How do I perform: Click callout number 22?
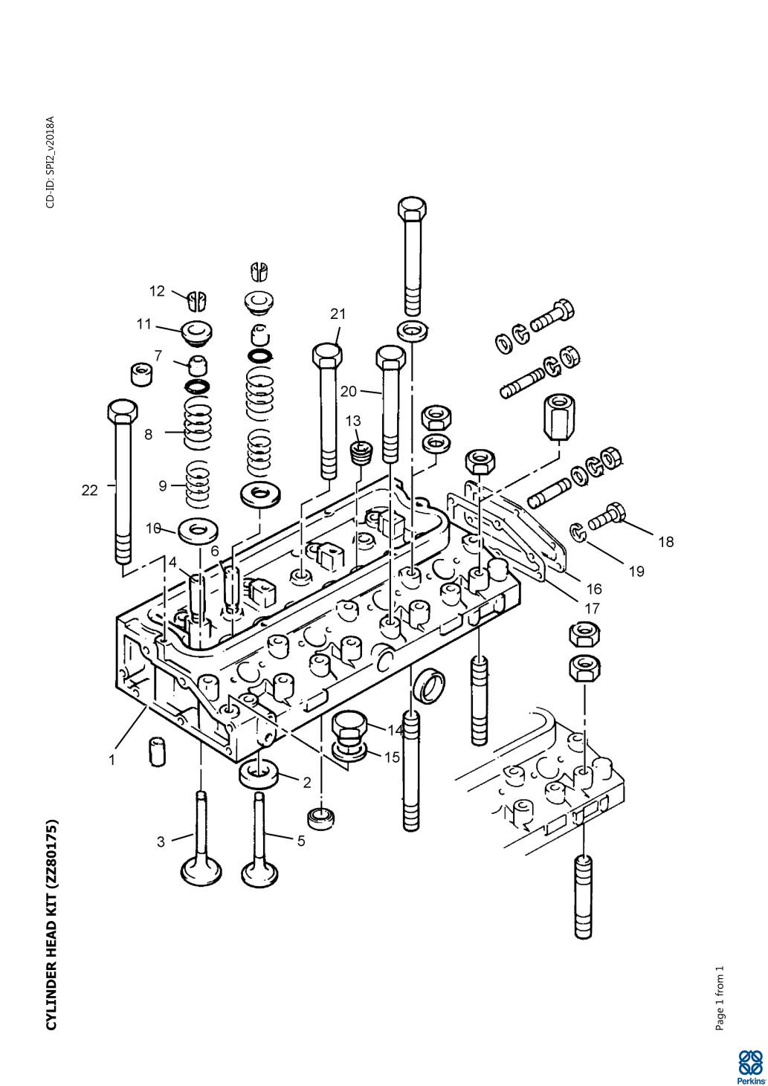pos(89,491)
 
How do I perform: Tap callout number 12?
pos(157,291)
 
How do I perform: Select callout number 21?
pos(338,314)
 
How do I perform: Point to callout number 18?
pos(665,542)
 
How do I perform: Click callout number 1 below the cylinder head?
pos(112,760)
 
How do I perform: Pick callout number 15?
pos(393,757)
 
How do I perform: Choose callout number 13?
pos(353,421)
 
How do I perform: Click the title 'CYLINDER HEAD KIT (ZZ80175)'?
pos(51,925)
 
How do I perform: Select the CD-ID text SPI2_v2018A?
pos(50,162)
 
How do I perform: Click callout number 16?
pos(594,589)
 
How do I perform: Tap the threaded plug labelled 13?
pos(361,453)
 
